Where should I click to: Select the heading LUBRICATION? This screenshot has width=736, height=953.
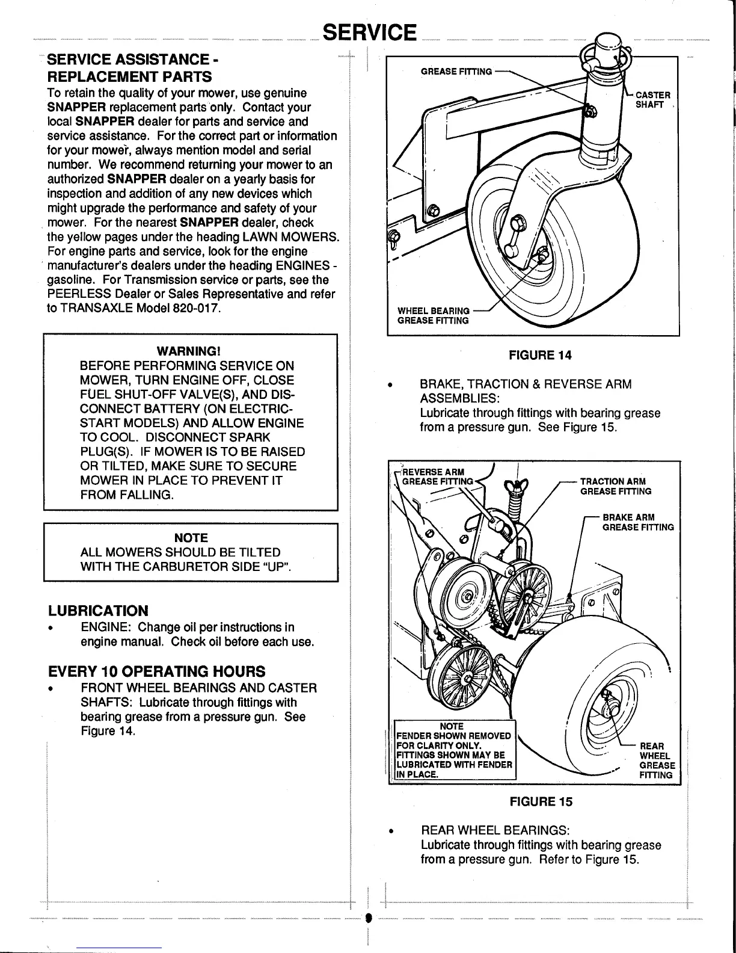98,611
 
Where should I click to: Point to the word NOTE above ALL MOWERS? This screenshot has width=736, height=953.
191,537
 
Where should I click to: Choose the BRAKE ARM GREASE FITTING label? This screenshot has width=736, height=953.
637,522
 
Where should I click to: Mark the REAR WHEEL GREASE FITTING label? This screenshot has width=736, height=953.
657,760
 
